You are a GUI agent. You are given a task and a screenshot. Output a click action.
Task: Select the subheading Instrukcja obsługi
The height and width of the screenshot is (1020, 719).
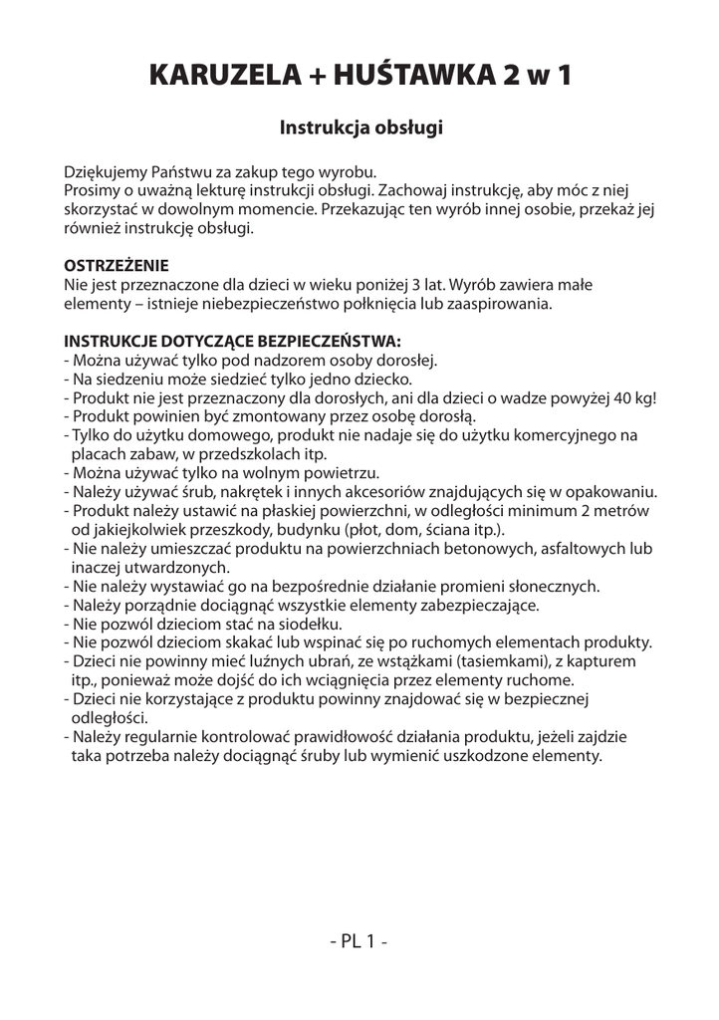359,127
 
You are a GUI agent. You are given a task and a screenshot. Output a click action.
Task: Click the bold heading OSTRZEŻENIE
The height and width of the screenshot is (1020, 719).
117,266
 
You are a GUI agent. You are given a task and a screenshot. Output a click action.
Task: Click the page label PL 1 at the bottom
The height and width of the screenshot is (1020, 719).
359,941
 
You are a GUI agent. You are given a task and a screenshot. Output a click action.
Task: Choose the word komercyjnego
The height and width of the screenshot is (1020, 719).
556,435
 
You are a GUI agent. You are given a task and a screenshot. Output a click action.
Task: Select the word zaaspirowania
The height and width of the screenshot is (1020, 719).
497,303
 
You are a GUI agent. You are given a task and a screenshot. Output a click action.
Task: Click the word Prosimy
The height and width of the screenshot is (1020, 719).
93,189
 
